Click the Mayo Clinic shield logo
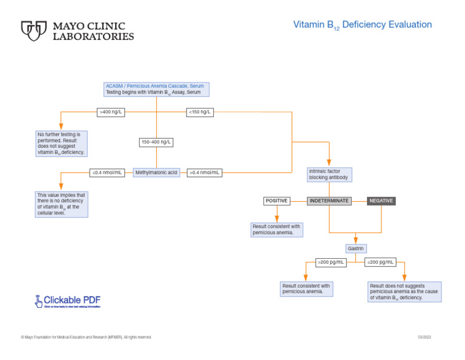pyautogui.click(x=34, y=31)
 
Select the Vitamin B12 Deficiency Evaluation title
pyautogui.click(x=362, y=25)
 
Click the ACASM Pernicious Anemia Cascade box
pyautogui.click(x=156, y=89)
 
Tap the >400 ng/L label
pyautogui.click(x=111, y=112)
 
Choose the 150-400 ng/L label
pyautogui.click(x=156, y=142)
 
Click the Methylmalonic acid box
pyautogui.click(x=156, y=173)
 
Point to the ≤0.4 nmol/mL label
pyautogui.click(x=107, y=173)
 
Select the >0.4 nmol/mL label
pyautogui.click(x=204, y=173)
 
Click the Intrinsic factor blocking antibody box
pyautogui.click(x=329, y=175)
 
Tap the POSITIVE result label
pyautogui.click(x=277, y=201)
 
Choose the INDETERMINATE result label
pyautogui.click(x=329, y=201)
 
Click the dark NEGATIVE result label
pyautogui.click(x=381, y=201)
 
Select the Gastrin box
pyautogui.click(x=355, y=248)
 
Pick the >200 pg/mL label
pyautogui.click(x=331, y=262)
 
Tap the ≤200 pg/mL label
pyautogui.click(x=380, y=262)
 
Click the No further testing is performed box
pyautogui.click(x=61, y=144)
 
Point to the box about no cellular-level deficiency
pyautogui.click(x=61, y=204)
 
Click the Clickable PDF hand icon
pyautogui.click(x=39, y=300)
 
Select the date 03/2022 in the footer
pyautogui.click(x=424, y=337)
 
